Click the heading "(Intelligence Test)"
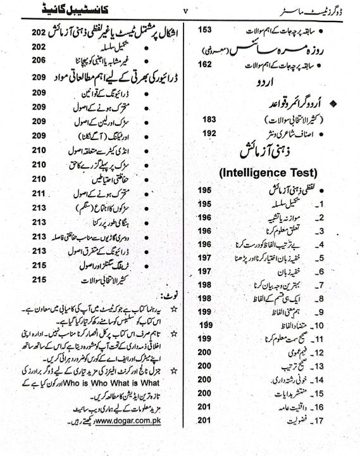tap(269, 172)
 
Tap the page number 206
tap(22, 60)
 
